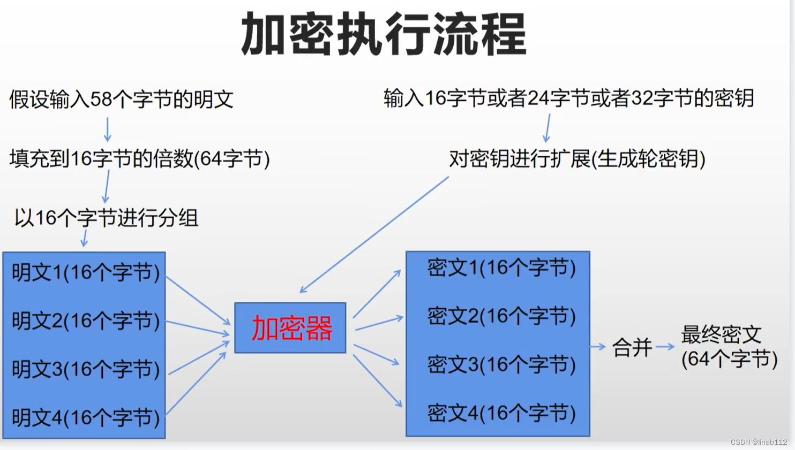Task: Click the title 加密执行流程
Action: tap(384, 35)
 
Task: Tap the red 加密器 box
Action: tap(291, 328)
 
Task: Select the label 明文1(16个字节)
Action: tap(86, 273)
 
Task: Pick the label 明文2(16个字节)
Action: tap(86, 321)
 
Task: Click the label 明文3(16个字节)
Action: tap(86, 369)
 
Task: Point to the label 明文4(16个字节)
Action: tap(86, 418)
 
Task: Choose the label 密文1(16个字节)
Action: tap(501, 268)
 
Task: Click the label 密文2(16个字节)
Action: tap(501, 316)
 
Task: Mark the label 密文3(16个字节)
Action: tap(501, 365)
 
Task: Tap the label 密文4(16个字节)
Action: tap(501, 413)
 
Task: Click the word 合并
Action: tap(632, 348)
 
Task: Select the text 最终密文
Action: tap(721, 335)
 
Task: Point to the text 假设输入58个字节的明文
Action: tap(121, 100)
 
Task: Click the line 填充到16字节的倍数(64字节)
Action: tap(139, 158)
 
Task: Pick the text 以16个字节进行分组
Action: tap(106, 218)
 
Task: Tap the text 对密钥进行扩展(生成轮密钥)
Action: tap(577, 158)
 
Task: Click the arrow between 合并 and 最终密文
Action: tap(665, 347)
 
